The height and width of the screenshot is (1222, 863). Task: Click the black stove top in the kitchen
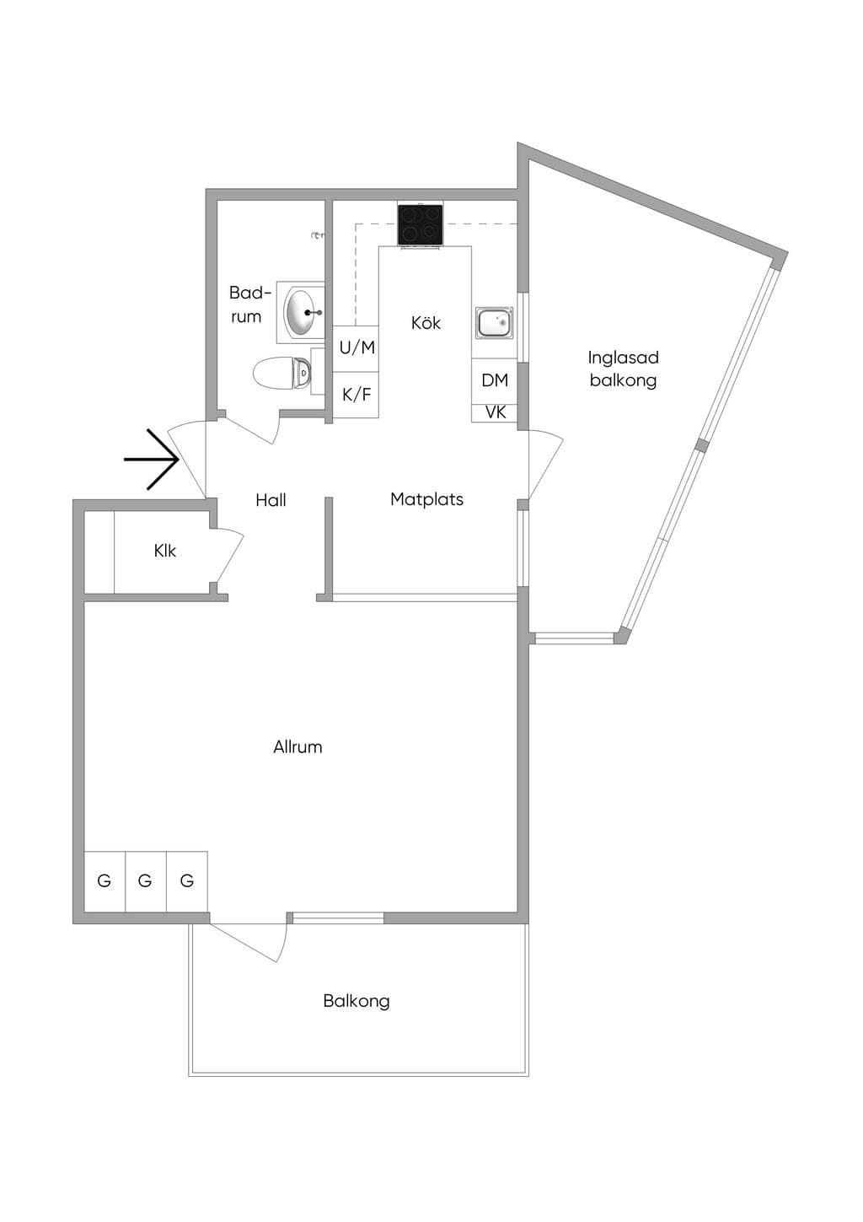(420, 225)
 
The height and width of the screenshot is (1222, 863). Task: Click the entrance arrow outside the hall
(152, 460)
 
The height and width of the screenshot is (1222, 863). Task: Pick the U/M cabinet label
(357, 347)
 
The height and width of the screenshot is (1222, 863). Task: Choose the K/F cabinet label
(356, 395)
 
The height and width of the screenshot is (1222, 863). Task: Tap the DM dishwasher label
(495, 380)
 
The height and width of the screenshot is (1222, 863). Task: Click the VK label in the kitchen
(495, 412)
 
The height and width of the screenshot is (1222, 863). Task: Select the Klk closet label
(164, 551)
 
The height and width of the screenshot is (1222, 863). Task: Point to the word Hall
(271, 500)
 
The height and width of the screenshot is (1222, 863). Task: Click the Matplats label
(427, 499)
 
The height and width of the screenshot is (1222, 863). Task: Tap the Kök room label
(426, 323)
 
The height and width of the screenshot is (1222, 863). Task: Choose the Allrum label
(297, 747)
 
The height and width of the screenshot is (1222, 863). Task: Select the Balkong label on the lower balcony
(356, 1001)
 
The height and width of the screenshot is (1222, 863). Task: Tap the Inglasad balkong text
(623, 369)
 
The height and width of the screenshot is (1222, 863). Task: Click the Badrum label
(249, 304)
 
